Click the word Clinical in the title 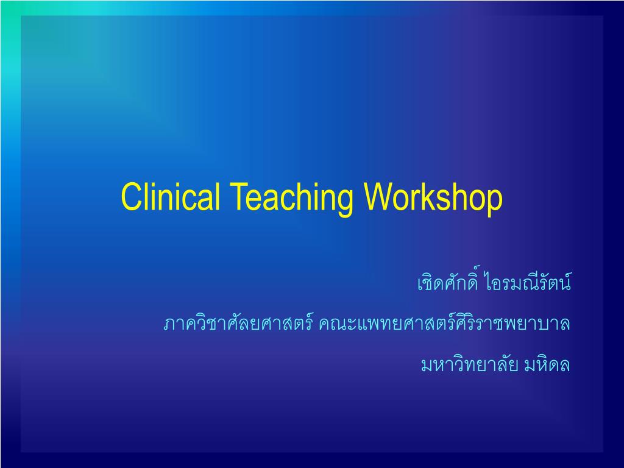172,197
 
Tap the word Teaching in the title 289,199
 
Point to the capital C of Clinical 130,197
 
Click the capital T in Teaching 238,197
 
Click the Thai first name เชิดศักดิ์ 448,283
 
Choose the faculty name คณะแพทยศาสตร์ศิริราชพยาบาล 444,324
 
